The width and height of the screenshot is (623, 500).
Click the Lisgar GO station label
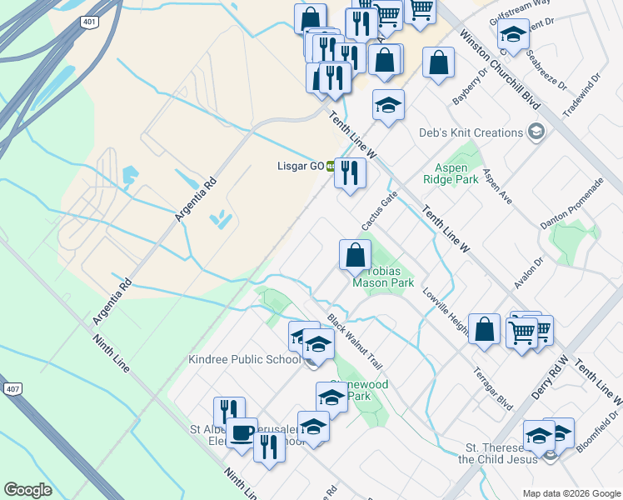(x=300, y=166)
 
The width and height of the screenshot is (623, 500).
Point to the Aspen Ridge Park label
(x=457, y=173)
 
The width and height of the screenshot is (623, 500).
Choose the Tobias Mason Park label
(x=383, y=277)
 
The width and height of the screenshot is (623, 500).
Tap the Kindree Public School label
(x=244, y=359)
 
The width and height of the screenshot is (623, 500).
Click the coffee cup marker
(x=242, y=433)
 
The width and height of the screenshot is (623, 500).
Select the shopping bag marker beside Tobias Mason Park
(x=355, y=255)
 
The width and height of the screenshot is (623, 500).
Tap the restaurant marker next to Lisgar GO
(x=350, y=173)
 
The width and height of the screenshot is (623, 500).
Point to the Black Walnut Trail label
(x=354, y=342)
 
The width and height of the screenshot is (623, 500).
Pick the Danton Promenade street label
(x=571, y=204)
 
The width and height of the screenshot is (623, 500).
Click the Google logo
(x=27, y=489)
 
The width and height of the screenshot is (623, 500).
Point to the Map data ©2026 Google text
(x=571, y=493)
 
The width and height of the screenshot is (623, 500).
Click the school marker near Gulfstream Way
(x=513, y=35)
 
